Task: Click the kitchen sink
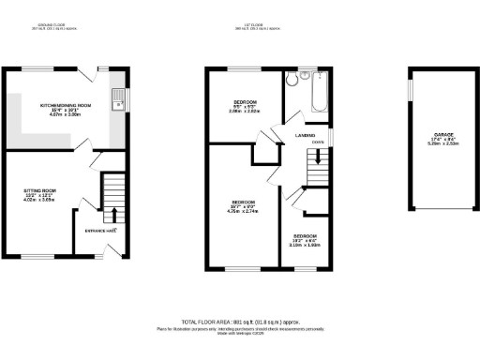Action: click(x=117, y=99)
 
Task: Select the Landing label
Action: click(x=305, y=135)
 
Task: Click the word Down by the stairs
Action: click(x=319, y=142)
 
